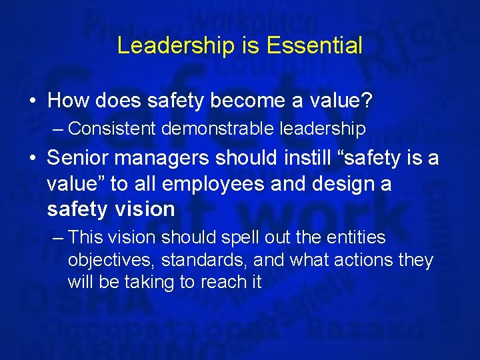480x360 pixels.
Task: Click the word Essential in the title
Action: [314, 46]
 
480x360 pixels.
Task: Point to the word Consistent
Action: [111, 128]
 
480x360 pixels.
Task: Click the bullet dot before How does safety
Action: [32, 101]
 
